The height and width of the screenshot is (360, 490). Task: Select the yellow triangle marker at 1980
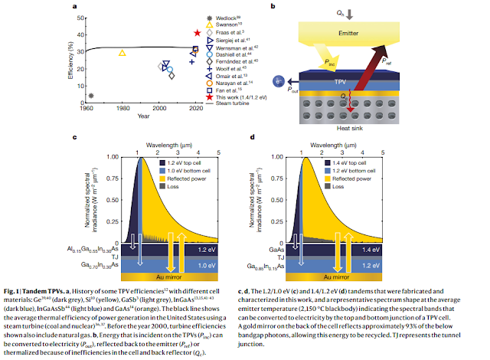(122, 53)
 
